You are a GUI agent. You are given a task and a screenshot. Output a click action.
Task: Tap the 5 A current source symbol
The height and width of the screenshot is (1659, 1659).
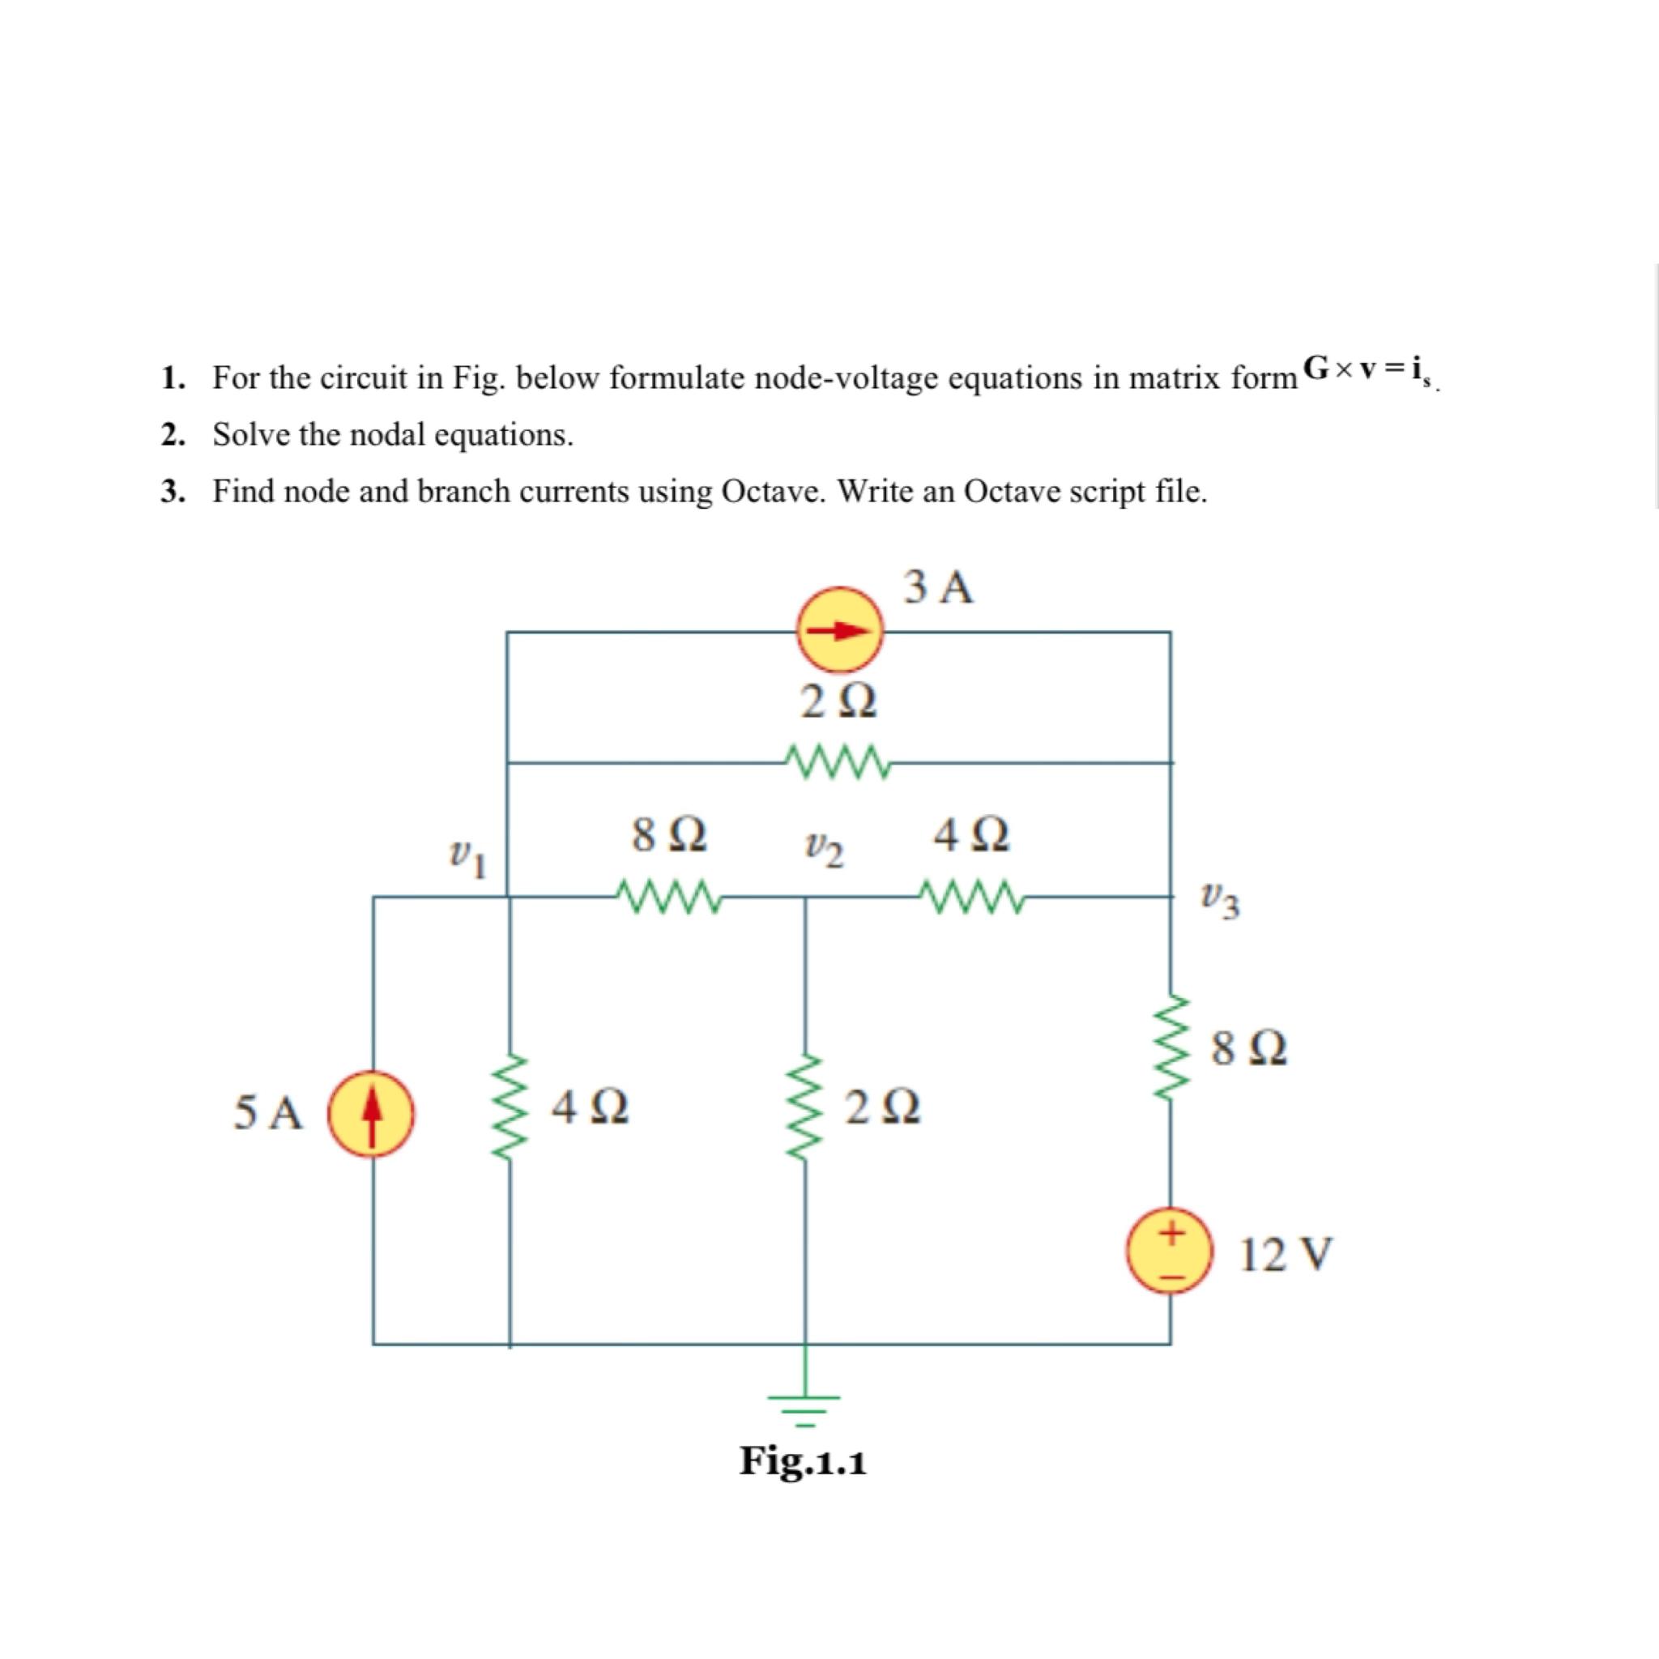(x=371, y=1114)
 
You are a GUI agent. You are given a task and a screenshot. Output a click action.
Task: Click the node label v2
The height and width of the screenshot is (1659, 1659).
(x=824, y=850)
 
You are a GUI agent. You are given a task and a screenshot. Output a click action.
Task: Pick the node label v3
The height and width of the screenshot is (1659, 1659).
(x=1221, y=902)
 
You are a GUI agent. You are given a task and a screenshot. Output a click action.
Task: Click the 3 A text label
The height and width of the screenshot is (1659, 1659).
(x=940, y=588)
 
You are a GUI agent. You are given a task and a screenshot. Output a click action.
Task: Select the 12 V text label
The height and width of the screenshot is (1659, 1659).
(x=1286, y=1255)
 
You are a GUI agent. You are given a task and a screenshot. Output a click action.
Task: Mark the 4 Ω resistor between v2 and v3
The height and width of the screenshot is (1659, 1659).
(x=970, y=897)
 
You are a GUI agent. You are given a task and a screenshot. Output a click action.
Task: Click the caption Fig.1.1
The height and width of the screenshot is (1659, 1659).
(x=803, y=1461)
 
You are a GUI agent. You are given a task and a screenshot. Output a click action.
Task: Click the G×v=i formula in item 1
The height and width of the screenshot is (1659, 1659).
(x=1367, y=370)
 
